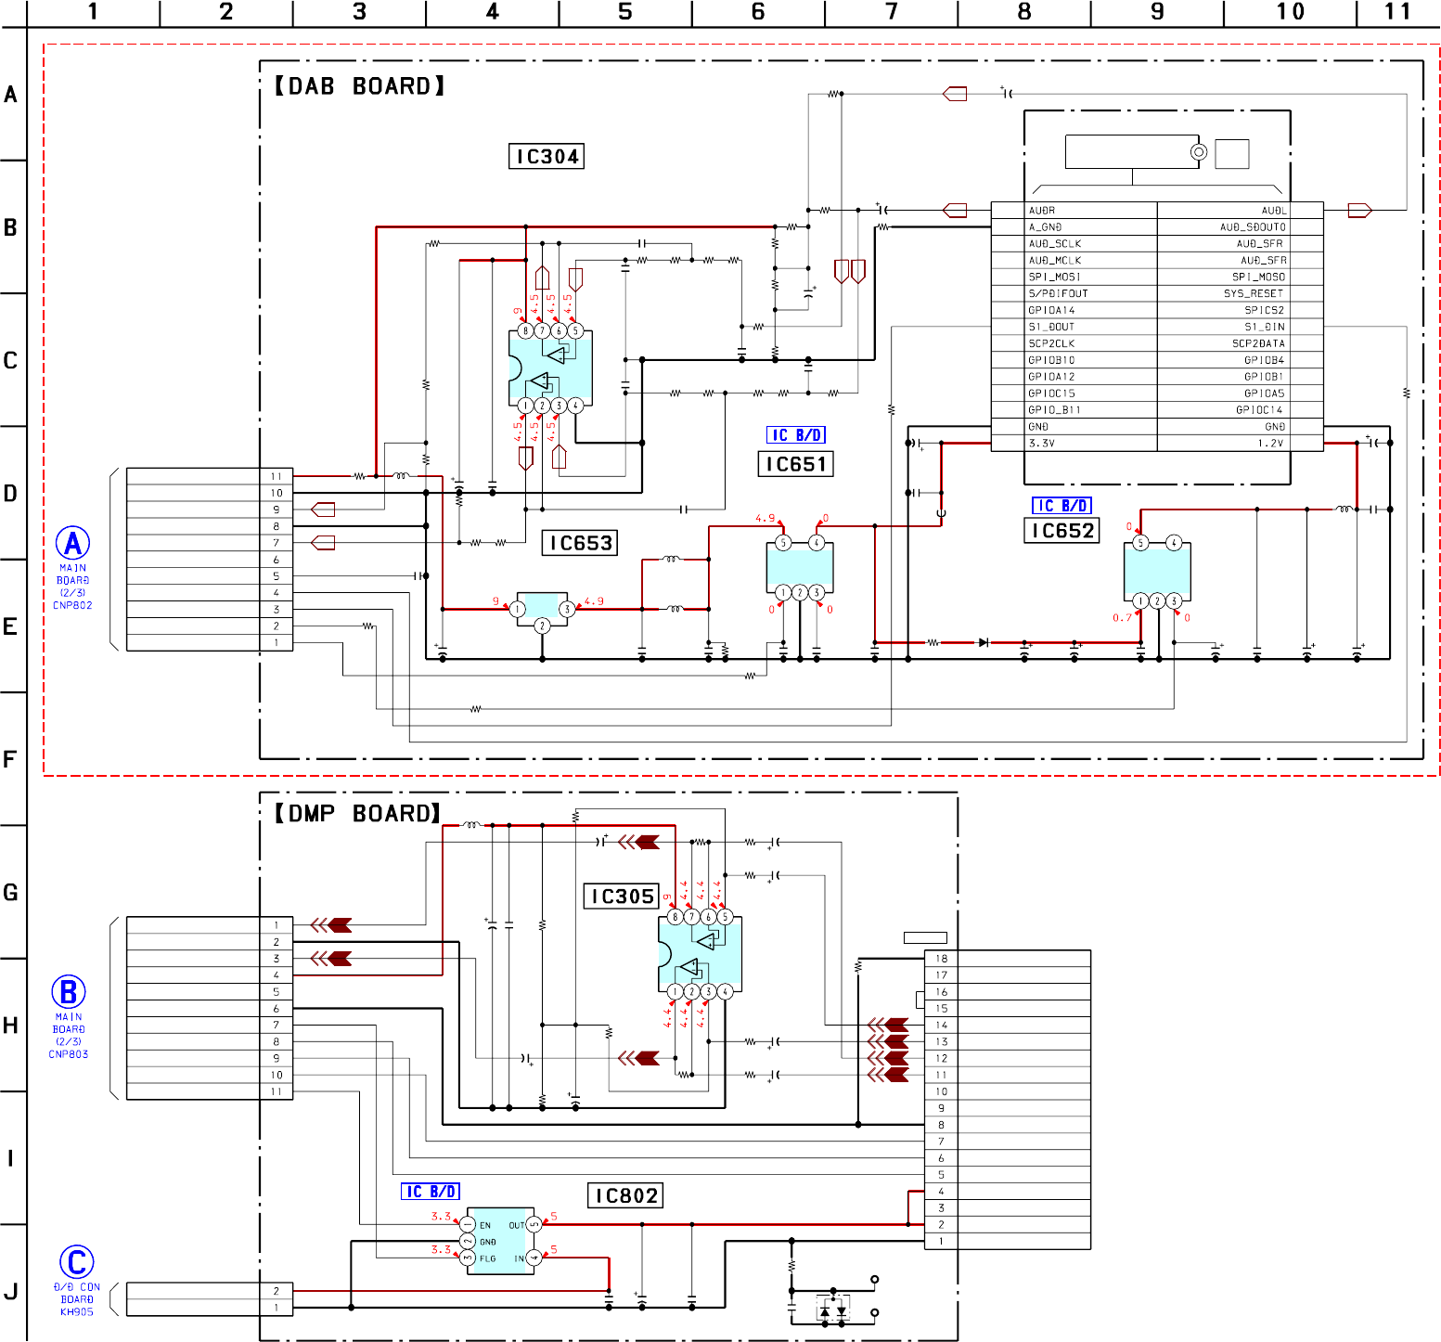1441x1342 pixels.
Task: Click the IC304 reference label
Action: click(547, 157)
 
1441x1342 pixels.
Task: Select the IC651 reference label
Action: click(796, 464)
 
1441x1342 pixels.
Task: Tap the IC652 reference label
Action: click(1062, 531)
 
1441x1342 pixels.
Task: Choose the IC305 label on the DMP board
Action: click(623, 897)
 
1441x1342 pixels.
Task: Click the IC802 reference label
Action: click(626, 1196)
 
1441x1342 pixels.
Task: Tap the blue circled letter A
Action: click(73, 544)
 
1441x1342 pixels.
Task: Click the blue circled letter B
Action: click(69, 992)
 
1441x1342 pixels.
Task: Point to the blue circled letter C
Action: click(77, 1262)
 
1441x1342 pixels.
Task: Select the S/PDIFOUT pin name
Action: click(1058, 293)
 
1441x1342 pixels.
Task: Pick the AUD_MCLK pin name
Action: click(1055, 261)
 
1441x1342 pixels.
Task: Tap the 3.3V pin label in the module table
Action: click(1042, 444)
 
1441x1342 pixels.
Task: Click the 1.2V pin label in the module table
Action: click(1270, 444)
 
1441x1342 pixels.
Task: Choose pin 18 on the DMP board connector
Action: click(941, 959)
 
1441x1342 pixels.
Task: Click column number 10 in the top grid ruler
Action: click(1290, 12)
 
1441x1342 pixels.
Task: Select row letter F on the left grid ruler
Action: click(10, 760)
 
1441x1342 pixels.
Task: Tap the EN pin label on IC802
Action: click(485, 1226)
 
